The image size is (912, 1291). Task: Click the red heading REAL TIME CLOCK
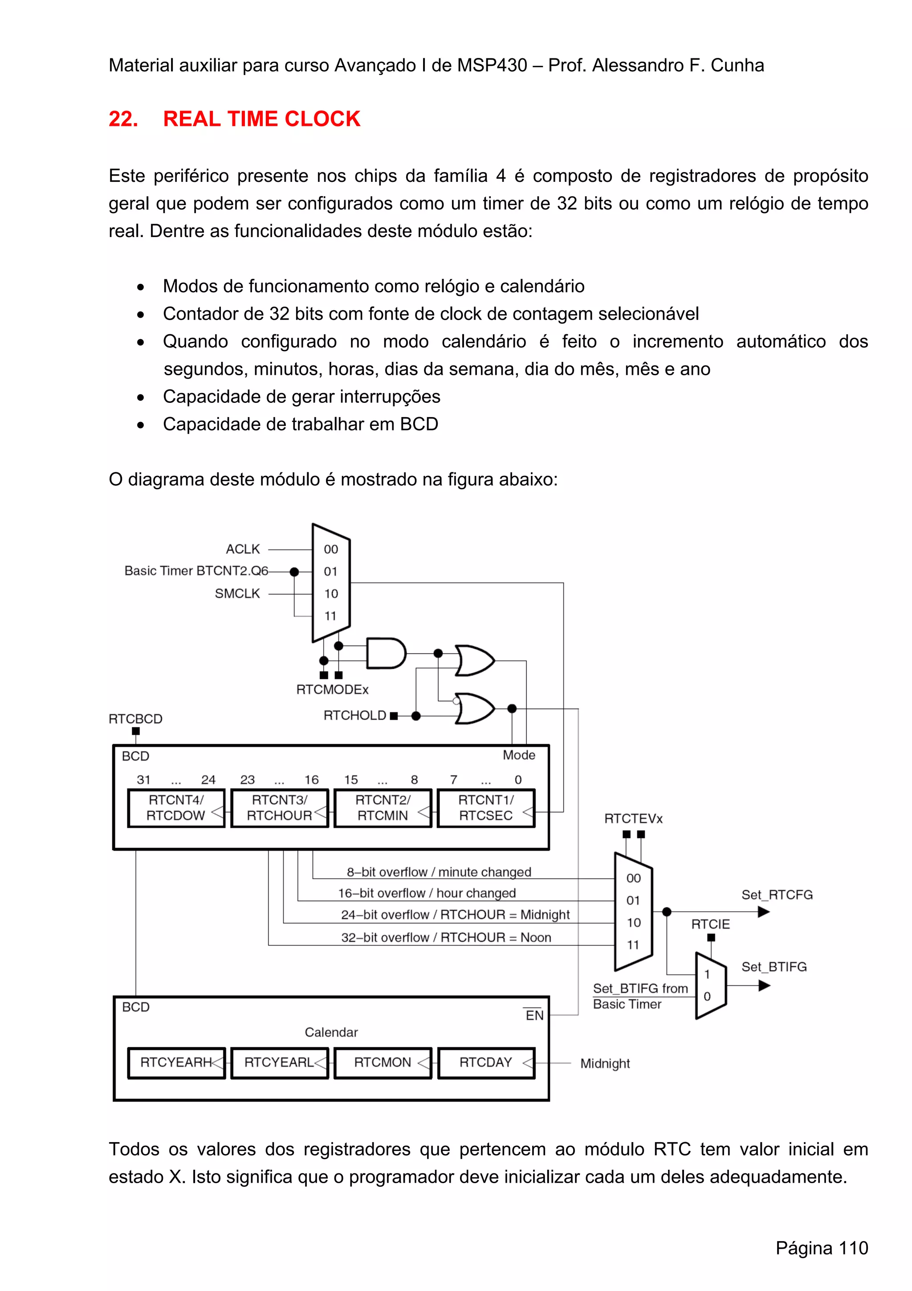(x=261, y=119)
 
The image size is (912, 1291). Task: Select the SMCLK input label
(x=237, y=593)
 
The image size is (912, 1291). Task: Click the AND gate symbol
(x=385, y=653)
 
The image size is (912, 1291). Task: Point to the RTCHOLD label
(x=354, y=715)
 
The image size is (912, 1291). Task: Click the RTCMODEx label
(x=332, y=689)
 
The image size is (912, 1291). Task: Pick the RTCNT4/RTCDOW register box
(x=176, y=807)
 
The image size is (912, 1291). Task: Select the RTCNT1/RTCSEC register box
(x=485, y=807)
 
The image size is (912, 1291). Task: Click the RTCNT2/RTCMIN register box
(x=383, y=807)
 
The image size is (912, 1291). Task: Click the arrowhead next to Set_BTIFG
(x=764, y=986)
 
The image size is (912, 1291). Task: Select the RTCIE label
(x=710, y=924)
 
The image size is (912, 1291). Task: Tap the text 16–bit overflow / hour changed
(x=427, y=893)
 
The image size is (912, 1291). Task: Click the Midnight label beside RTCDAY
(x=605, y=1063)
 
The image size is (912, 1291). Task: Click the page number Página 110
(x=822, y=1248)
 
